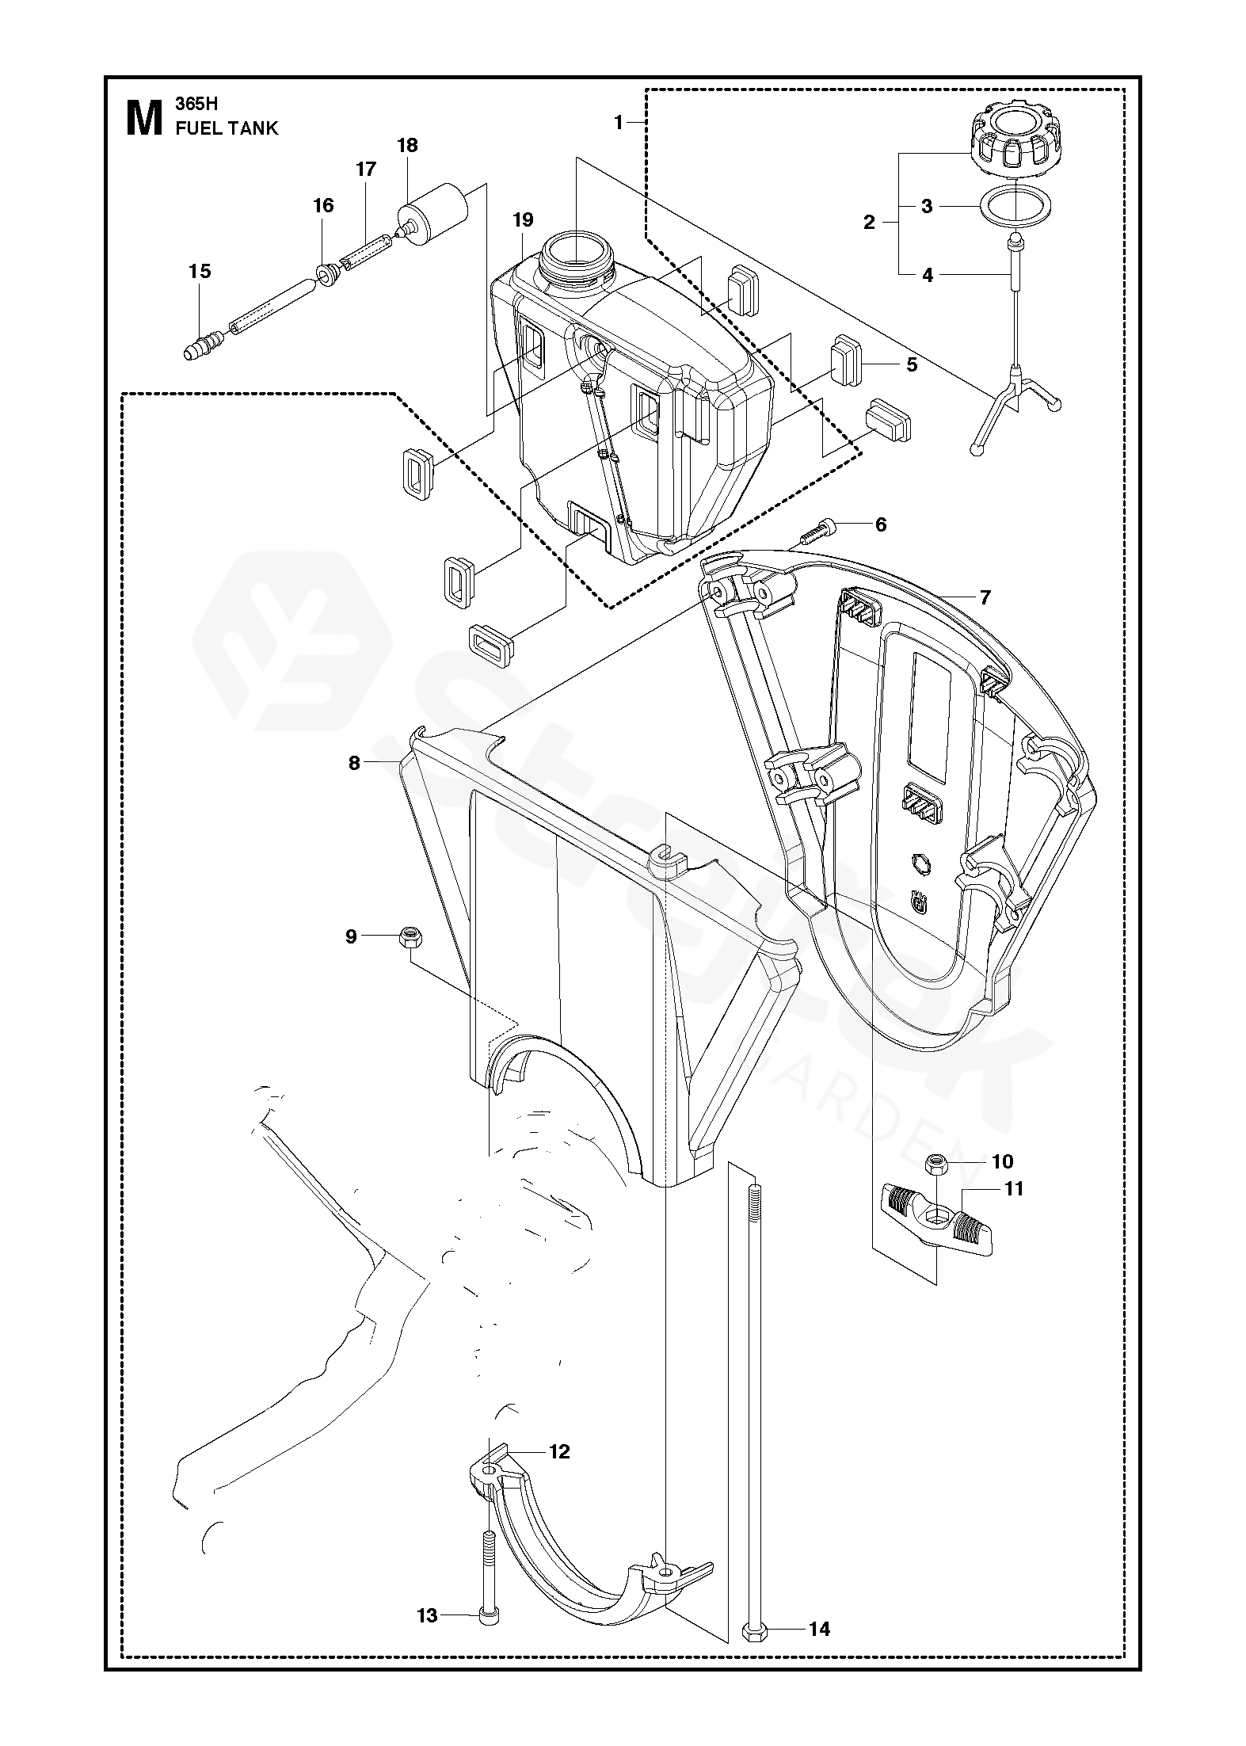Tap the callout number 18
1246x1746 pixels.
click(407, 145)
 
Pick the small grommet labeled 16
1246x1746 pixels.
click(328, 276)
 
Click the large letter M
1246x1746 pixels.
click(144, 117)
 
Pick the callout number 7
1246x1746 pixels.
click(985, 597)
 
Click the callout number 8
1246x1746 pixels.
click(354, 763)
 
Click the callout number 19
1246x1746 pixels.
click(523, 219)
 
